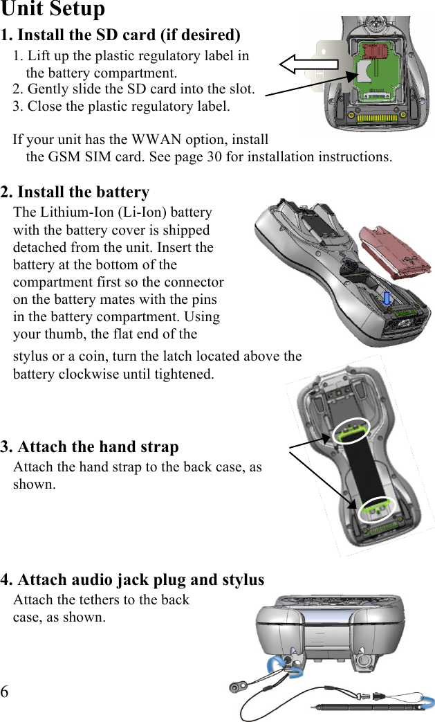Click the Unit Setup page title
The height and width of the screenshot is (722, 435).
(x=53, y=10)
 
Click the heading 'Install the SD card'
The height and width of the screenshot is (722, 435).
(x=121, y=35)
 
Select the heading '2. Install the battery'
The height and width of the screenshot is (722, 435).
(x=75, y=192)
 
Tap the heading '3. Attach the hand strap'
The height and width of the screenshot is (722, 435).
(x=90, y=446)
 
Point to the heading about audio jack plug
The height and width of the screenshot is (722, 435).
(x=133, y=579)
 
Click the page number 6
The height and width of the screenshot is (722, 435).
(x=6, y=692)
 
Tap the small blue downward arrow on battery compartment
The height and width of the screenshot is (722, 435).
(x=387, y=296)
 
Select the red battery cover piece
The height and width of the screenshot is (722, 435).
(x=396, y=251)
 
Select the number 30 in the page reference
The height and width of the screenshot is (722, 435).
(x=214, y=156)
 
